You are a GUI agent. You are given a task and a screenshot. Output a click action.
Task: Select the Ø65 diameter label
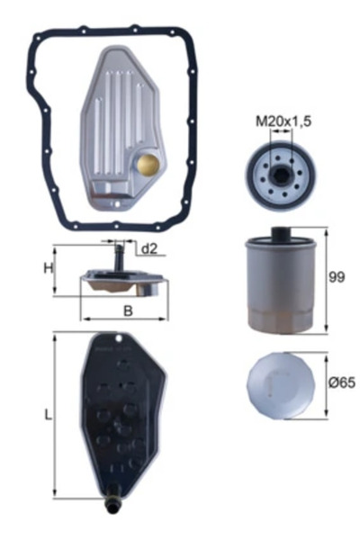(x=340, y=382)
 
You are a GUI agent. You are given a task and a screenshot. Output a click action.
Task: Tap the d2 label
(x=148, y=249)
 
